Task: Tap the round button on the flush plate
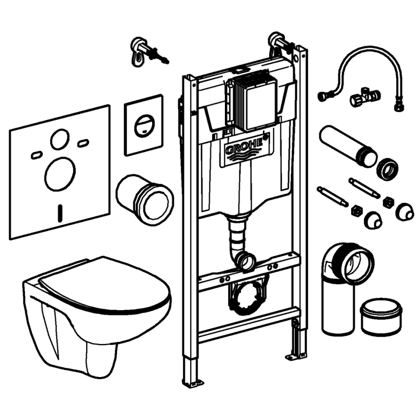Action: (144, 126)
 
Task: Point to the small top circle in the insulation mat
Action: (60, 139)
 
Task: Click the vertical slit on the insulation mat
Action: (60, 212)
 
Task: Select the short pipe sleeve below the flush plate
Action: (144, 198)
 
